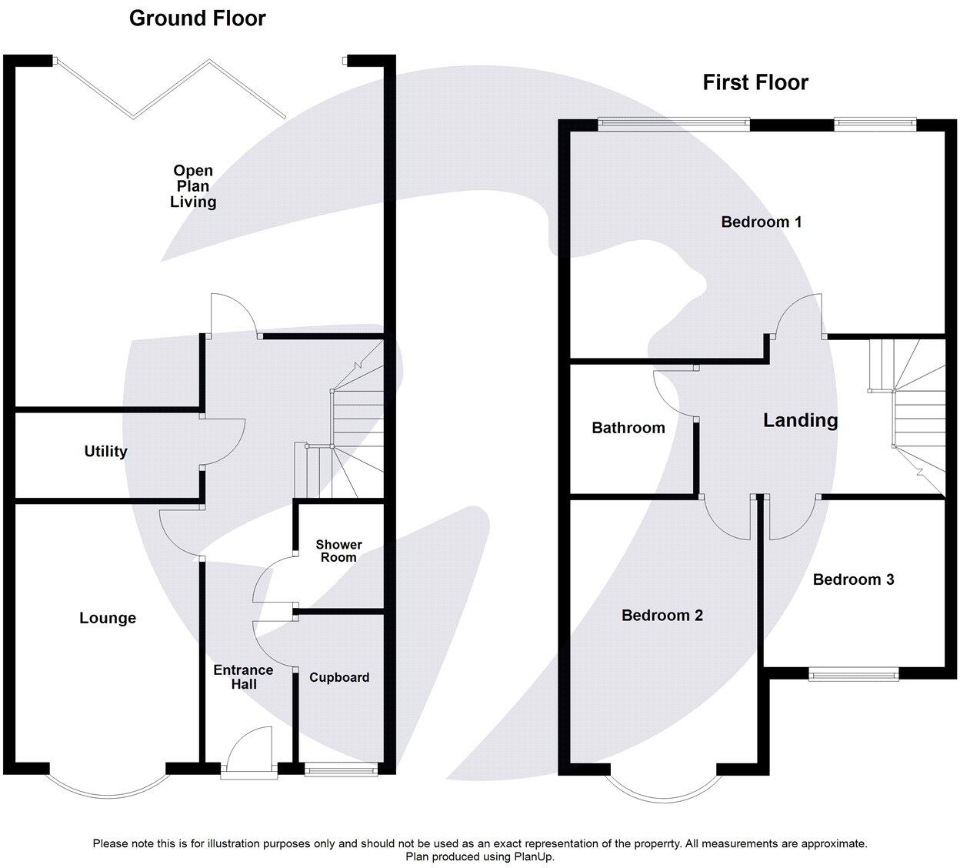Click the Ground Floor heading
tap(197, 18)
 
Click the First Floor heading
tap(755, 82)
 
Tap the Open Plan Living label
tap(193, 186)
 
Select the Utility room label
tap(105, 452)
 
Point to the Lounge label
tap(108, 618)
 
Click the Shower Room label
tap(338, 551)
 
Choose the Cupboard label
tap(339, 677)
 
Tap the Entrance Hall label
tap(244, 677)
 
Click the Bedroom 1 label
tap(761, 222)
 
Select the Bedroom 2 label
tap(662, 616)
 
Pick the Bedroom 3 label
tap(853, 579)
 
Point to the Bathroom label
tap(628, 428)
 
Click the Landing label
tap(800, 420)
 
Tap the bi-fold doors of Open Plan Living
tap(171, 88)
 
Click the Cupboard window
tap(341, 768)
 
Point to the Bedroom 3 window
tap(853, 675)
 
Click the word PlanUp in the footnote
tap(532, 856)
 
